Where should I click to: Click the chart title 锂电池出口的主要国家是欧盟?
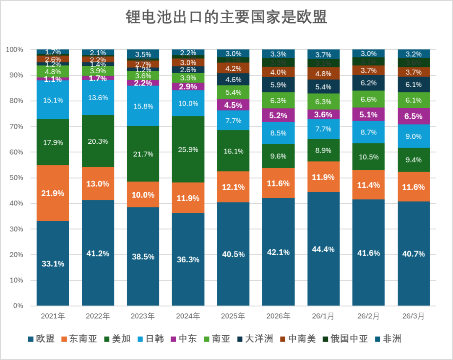226,18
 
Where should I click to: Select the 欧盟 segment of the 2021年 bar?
53,263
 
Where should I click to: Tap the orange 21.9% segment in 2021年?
53,193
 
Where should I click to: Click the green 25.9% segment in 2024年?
188,149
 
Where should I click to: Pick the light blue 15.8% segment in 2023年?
143,106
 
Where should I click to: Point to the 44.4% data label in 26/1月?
323,249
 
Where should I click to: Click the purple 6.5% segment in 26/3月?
414,116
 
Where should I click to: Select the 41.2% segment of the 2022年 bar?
98,253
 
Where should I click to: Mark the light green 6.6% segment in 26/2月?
368,99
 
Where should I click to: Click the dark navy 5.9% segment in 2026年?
278,85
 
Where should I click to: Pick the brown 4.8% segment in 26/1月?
323,74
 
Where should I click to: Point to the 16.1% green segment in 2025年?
233,151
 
